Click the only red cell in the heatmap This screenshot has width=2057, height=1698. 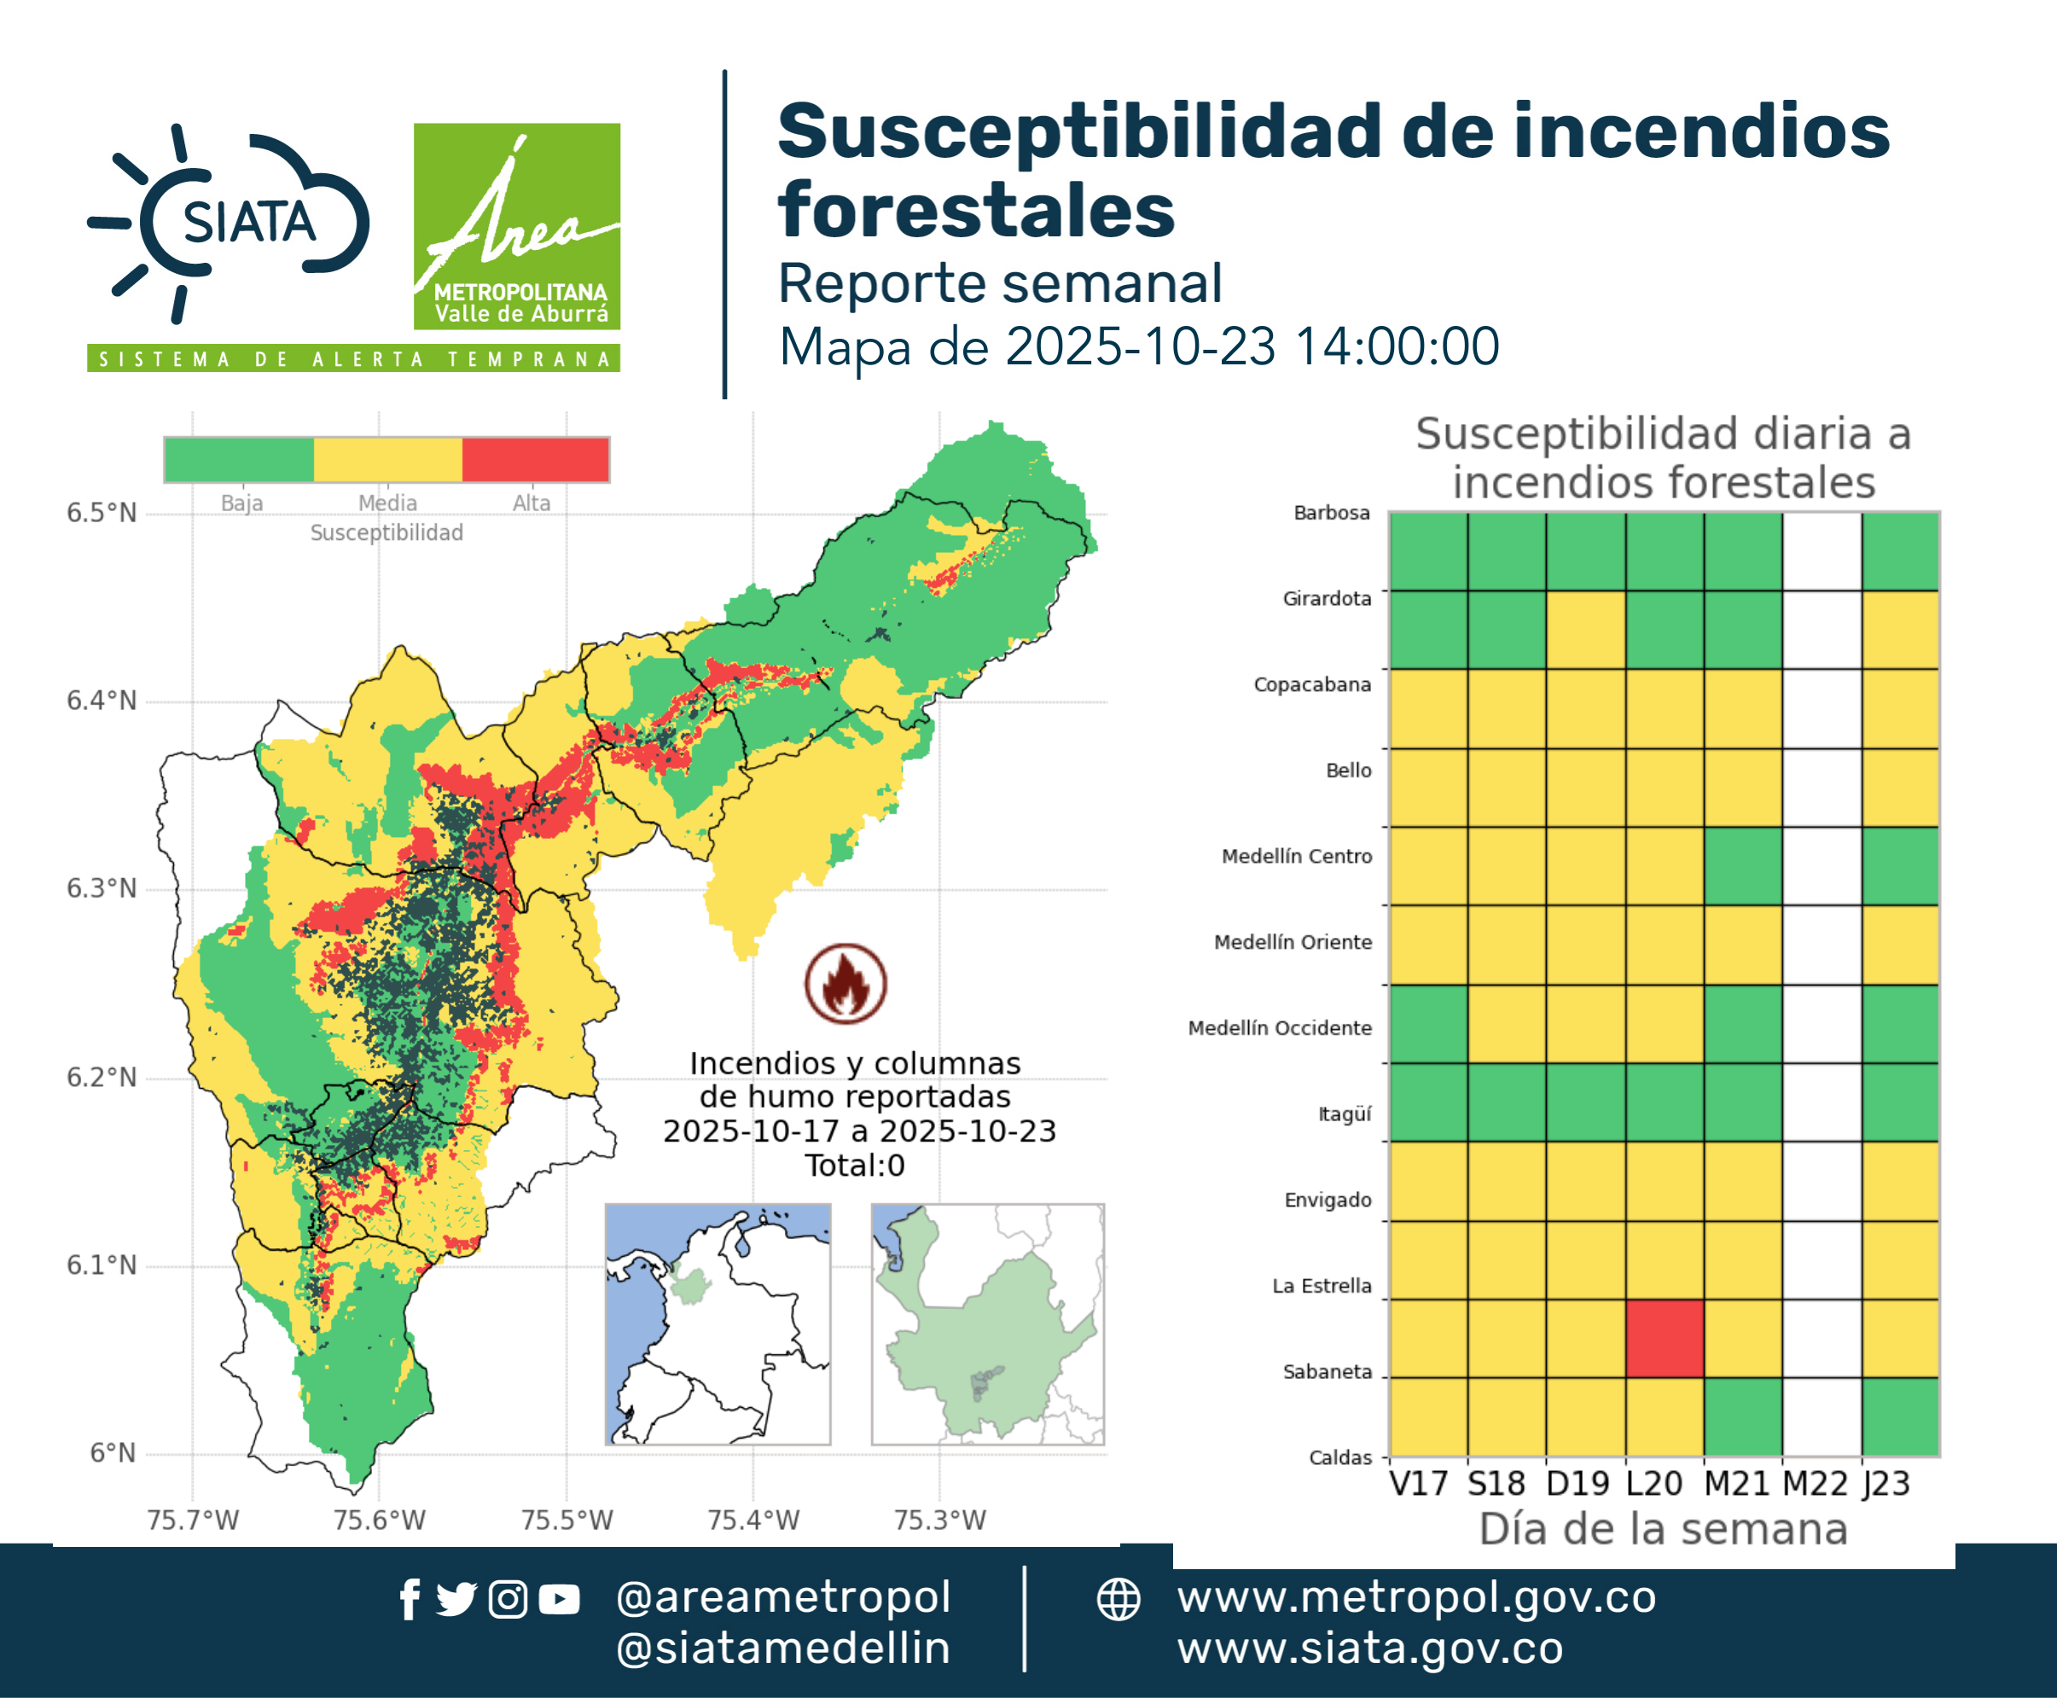(1665, 1338)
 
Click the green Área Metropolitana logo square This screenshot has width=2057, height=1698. (516, 226)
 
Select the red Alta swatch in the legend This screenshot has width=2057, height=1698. (535, 460)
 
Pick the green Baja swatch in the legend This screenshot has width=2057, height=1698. (240, 460)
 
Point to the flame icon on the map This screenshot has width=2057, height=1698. (846, 983)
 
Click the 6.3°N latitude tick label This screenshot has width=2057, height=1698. (102, 888)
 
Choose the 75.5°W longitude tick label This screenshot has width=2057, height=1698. (567, 1520)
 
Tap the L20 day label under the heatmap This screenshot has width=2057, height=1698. (1654, 1484)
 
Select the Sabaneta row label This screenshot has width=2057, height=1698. (1328, 1371)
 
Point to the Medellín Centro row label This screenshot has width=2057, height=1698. (1297, 856)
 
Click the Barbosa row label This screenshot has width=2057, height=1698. (1331, 513)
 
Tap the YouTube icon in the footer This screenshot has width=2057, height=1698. (560, 1600)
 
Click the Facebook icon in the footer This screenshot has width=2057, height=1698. (410, 1599)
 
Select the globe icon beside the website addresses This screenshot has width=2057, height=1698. (1119, 1600)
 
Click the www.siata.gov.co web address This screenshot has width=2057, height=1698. (1370, 1649)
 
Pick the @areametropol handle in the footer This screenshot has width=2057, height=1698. (783, 1598)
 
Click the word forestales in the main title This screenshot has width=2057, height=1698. (976, 210)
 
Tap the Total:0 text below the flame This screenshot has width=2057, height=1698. (855, 1165)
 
